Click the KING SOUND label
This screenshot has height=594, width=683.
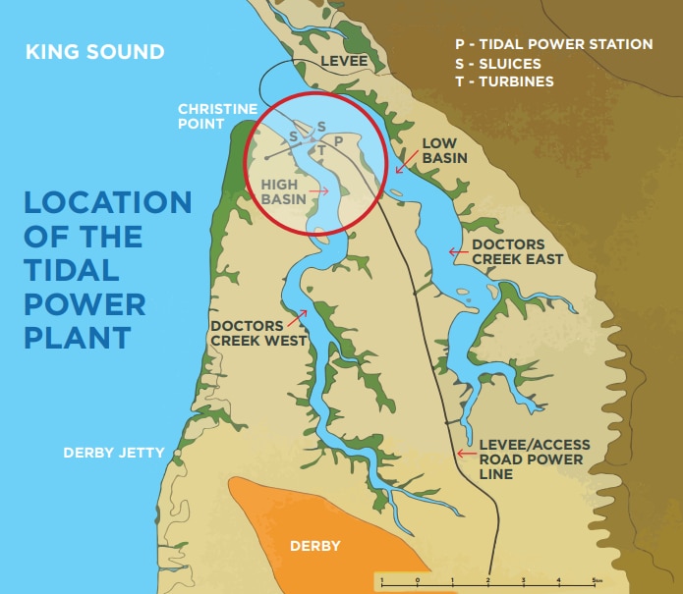tap(94, 52)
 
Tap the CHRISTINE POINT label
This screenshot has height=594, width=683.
tap(217, 116)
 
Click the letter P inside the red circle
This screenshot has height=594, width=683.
tap(338, 141)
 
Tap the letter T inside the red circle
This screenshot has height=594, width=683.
tap(320, 151)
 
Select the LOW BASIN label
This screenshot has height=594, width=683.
tap(443, 150)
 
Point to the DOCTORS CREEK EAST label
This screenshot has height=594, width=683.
tap(517, 251)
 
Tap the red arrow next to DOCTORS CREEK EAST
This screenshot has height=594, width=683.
tap(457, 252)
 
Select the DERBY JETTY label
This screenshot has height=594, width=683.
tap(114, 453)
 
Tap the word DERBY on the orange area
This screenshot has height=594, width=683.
tap(315, 546)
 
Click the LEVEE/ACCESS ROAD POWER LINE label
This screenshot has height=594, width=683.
tap(530, 459)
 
